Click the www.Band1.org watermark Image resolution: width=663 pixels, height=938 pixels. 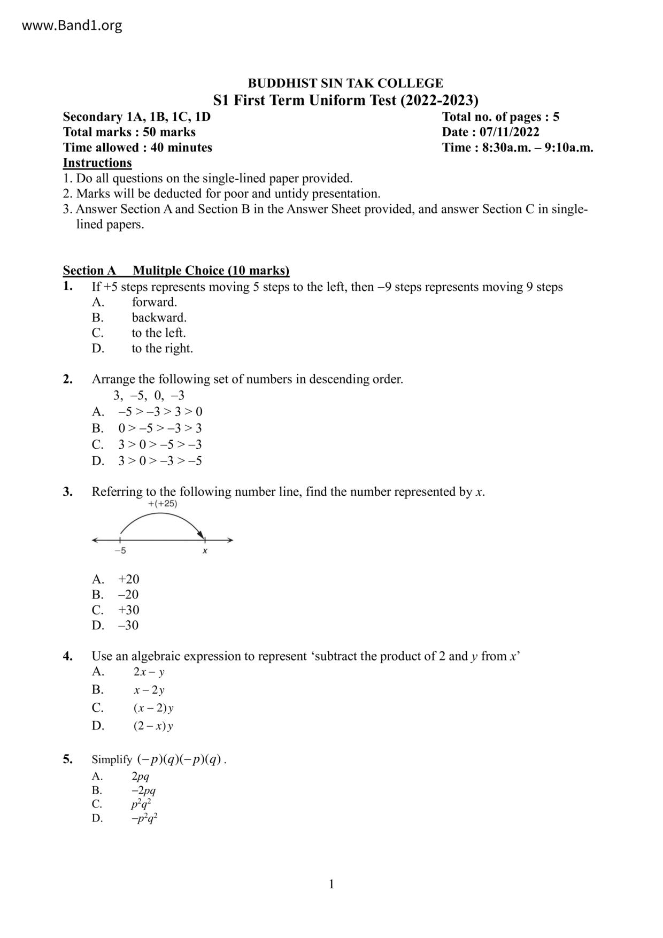[72, 25]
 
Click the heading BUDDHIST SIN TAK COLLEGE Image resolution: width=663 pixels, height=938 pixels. [345, 83]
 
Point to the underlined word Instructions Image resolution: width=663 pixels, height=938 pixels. [97, 163]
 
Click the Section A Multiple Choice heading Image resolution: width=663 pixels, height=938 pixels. [176, 271]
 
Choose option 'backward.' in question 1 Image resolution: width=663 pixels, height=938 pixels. [159, 318]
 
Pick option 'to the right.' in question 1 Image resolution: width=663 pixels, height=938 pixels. [162, 349]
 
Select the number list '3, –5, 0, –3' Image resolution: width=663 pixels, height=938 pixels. [149, 396]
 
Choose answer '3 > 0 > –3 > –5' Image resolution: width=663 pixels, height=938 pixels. [160, 461]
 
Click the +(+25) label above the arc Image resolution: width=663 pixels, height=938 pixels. [163, 504]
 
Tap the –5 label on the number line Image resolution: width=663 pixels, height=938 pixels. [120, 551]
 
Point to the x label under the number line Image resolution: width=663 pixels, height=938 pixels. [205, 551]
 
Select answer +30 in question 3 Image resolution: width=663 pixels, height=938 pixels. [128, 610]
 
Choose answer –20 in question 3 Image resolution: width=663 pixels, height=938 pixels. [128, 595]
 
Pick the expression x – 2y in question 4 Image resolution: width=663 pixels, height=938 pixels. [149, 690]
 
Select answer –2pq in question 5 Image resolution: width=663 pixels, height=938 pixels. [143, 790]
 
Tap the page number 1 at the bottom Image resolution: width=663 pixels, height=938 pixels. [331, 885]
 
